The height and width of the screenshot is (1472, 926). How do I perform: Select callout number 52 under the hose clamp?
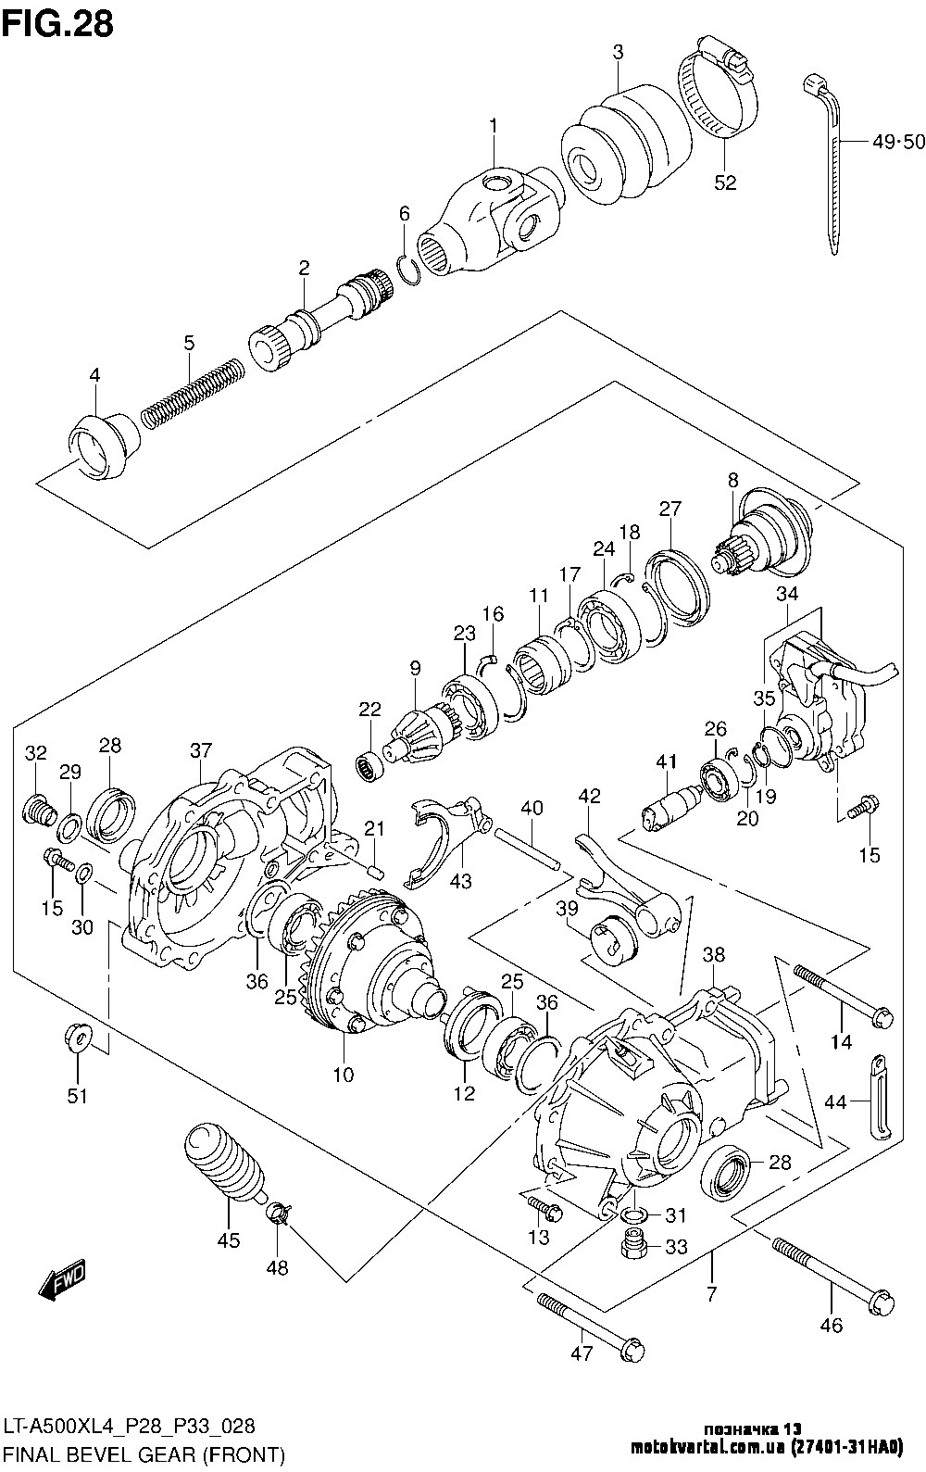point(725,182)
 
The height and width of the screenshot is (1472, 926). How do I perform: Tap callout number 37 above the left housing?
point(201,750)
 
